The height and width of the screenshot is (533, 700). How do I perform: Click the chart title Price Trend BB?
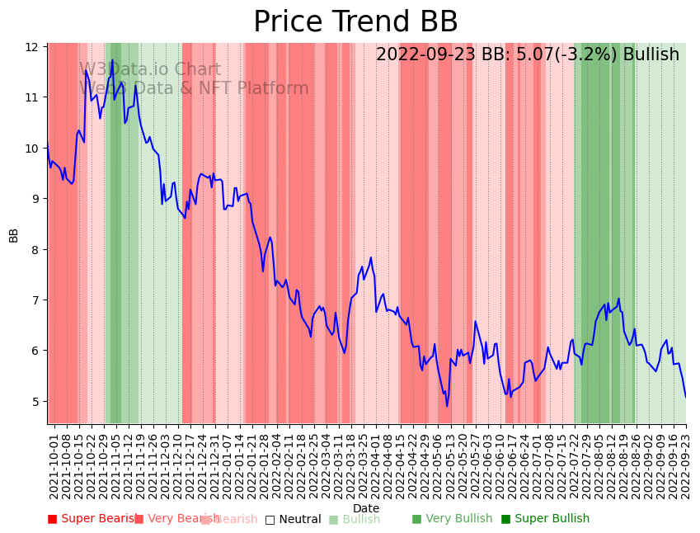coord(355,22)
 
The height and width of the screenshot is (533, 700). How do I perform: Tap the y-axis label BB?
coord(13,234)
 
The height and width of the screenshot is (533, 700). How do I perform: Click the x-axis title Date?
coord(366,508)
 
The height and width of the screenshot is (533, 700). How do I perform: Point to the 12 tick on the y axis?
coord(33,47)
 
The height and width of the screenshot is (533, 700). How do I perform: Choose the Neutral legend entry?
coord(293,519)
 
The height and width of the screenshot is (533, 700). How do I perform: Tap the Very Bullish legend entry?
coord(452,519)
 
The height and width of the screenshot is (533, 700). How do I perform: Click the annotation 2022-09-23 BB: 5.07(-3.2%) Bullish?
coord(528,54)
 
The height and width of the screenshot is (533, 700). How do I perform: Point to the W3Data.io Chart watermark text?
coord(150,70)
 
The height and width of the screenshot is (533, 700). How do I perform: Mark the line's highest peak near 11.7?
coord(113,60)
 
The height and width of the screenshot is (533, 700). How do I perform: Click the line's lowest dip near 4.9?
coord(447,406)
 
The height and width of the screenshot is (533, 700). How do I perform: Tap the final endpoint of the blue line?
coord(685,398)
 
